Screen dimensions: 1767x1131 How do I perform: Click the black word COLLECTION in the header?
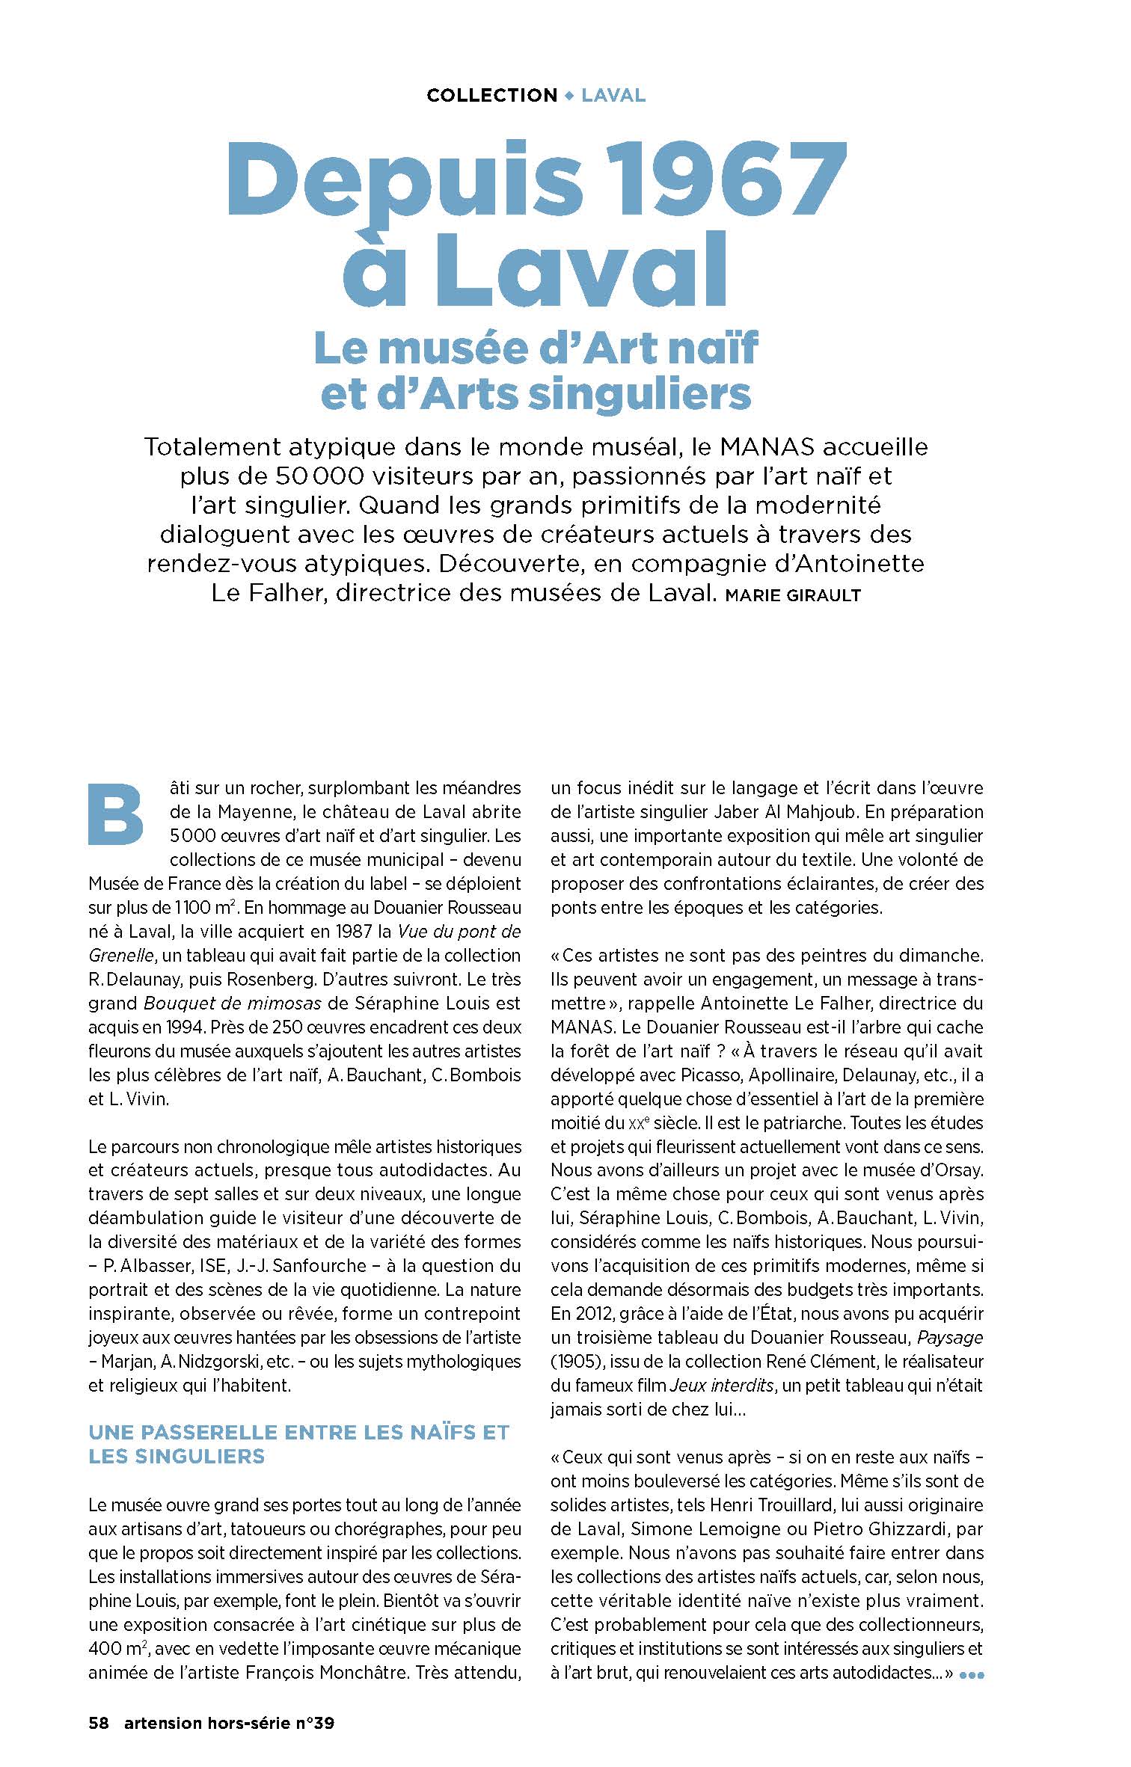(x=491, y=96)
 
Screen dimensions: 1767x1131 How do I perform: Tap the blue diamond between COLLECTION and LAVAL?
(x=569, y=96)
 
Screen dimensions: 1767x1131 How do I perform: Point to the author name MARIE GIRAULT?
(x=794, y=596)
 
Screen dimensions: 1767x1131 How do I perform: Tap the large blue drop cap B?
(x=115, y=815)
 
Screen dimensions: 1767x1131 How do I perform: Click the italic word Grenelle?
(x=121, y=956)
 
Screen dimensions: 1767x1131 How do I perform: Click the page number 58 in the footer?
(x=99, y=1723)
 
